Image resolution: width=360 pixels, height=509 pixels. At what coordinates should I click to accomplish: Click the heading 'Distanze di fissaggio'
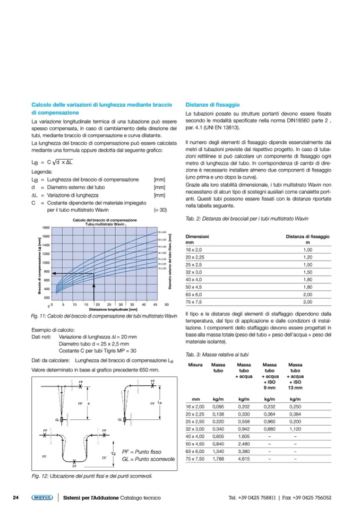coord(213,105)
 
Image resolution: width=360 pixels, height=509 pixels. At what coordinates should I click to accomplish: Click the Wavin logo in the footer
coord(41,497)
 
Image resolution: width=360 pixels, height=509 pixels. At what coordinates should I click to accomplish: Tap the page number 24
coord(16,497)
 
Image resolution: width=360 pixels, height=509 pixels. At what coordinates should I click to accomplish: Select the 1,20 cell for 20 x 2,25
coord(307,256)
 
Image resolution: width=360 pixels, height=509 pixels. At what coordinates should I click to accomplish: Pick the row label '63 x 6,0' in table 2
coord(193,294)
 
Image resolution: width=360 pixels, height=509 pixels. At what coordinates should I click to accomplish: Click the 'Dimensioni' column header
coord(198,235)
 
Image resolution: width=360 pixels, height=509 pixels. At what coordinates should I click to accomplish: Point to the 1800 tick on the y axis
coord(46,228)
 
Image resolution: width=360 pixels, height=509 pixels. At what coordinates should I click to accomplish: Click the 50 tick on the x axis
coord(166,305)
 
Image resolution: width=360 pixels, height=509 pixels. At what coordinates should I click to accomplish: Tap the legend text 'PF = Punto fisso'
coord(142,451)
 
